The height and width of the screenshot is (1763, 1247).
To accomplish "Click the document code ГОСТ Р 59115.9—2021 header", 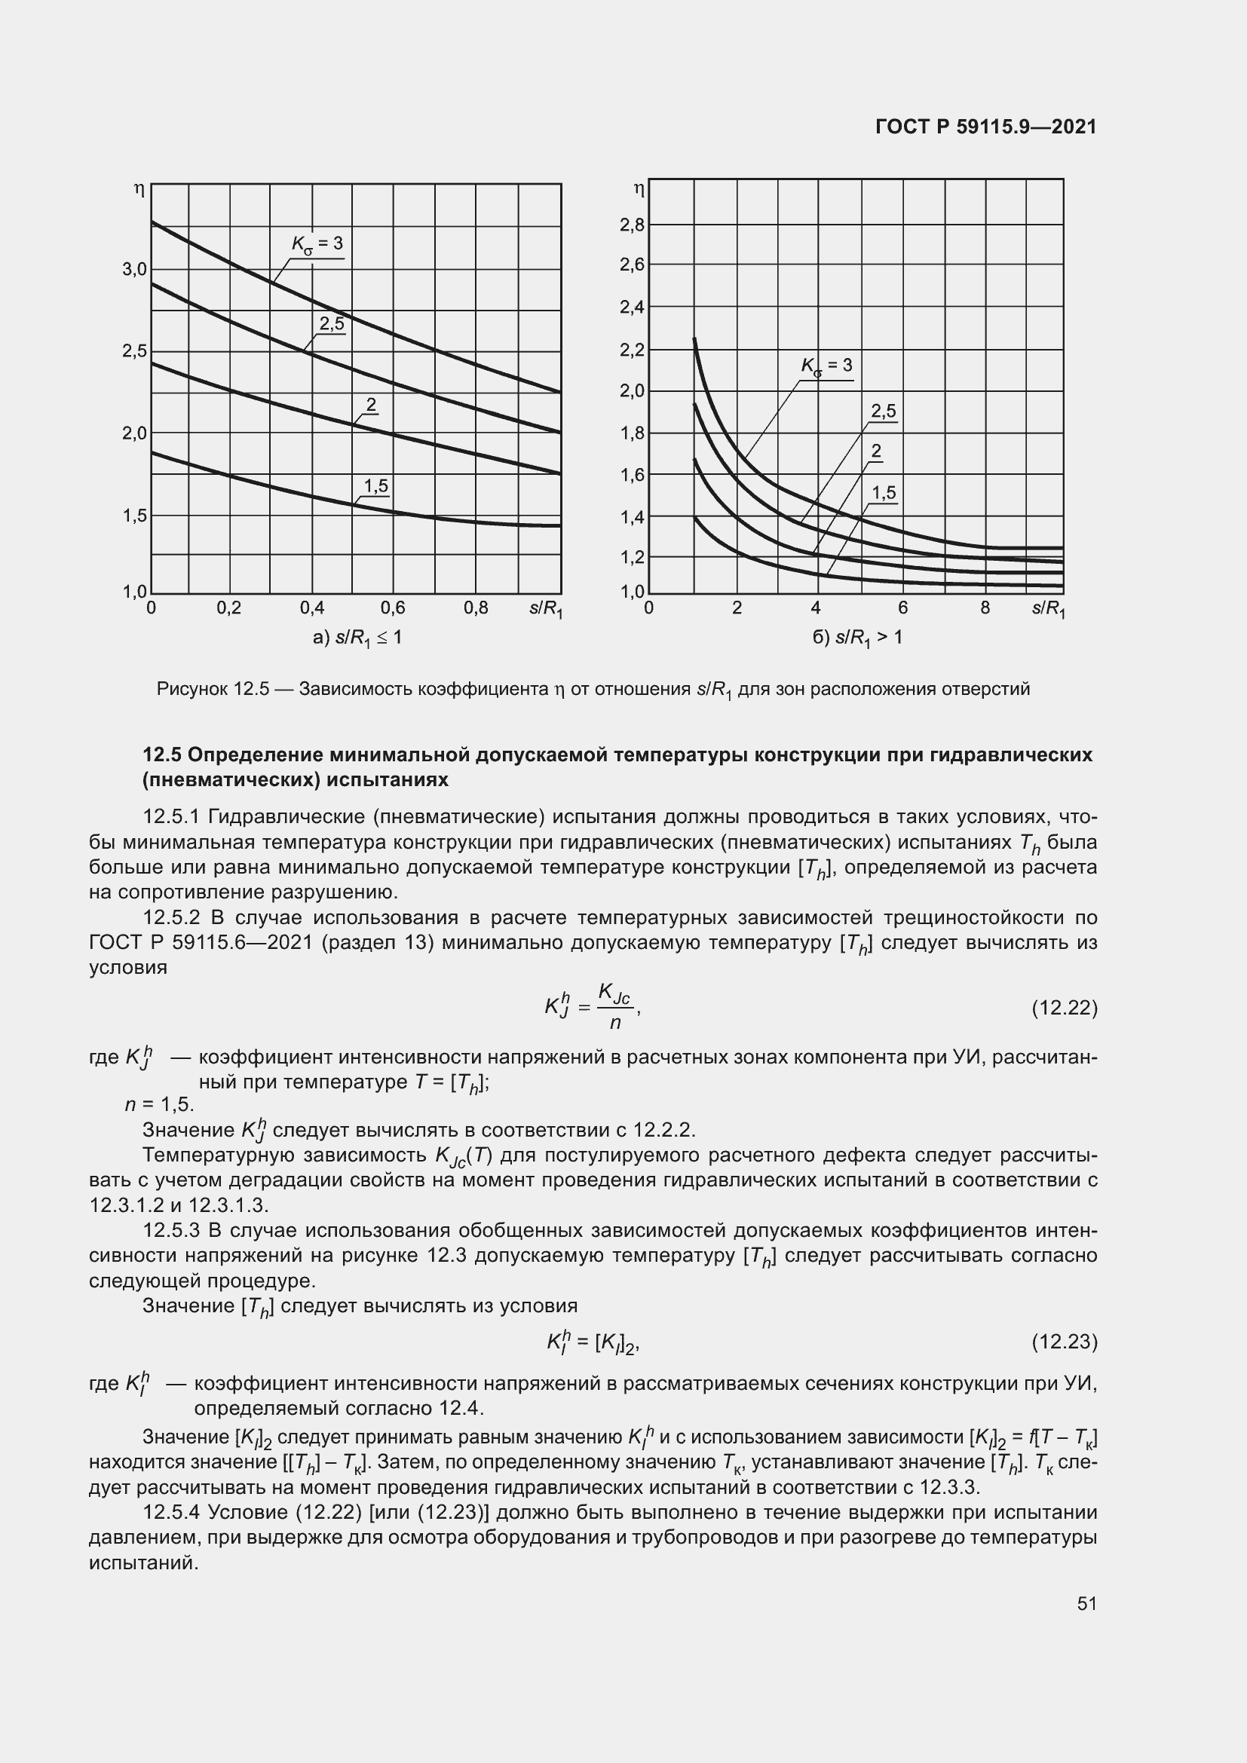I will click(x=986, y=127).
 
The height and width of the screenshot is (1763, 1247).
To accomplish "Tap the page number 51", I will click(x=1086, y=1603).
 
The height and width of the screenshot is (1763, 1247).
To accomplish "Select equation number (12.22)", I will click(x=1065, y=1008).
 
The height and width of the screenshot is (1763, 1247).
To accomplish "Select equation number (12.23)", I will click(x=1065, y=1342).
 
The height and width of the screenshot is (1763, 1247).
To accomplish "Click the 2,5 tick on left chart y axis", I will click(x=133, y=352).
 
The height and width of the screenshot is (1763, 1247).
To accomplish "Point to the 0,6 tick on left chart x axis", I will click(x=393, y=608).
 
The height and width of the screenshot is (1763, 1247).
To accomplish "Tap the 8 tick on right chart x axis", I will click(x=985, y=608).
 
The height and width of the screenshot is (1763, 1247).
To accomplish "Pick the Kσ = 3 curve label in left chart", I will click(x=317, y=244).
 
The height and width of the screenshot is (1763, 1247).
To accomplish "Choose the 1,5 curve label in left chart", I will click(x=376, y=486).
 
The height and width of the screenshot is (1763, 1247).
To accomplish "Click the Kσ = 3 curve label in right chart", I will click(x=827, y=366).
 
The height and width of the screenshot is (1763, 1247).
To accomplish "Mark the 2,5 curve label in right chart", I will click(x=884, y=412).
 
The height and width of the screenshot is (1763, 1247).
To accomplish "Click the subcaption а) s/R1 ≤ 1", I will click(x=357, y=638).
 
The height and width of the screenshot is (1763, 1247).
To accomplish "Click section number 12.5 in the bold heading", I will click(x=161, y=754).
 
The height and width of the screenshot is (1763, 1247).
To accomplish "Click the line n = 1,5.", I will click(x=160, y=1104).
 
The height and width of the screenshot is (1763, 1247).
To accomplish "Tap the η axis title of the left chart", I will click(x=139, y=189).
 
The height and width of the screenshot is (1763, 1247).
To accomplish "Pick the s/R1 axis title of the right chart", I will click(x=1048, y=609).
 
